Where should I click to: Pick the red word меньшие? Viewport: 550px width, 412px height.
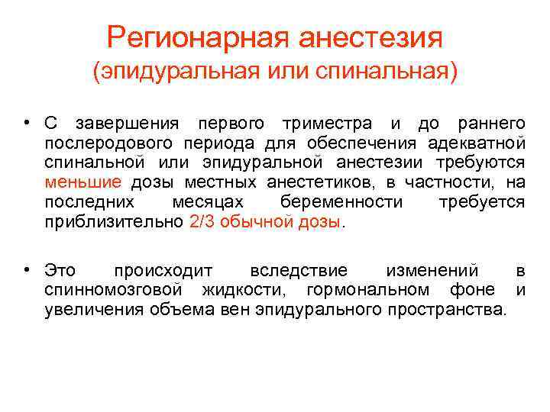[x=82, y=182]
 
